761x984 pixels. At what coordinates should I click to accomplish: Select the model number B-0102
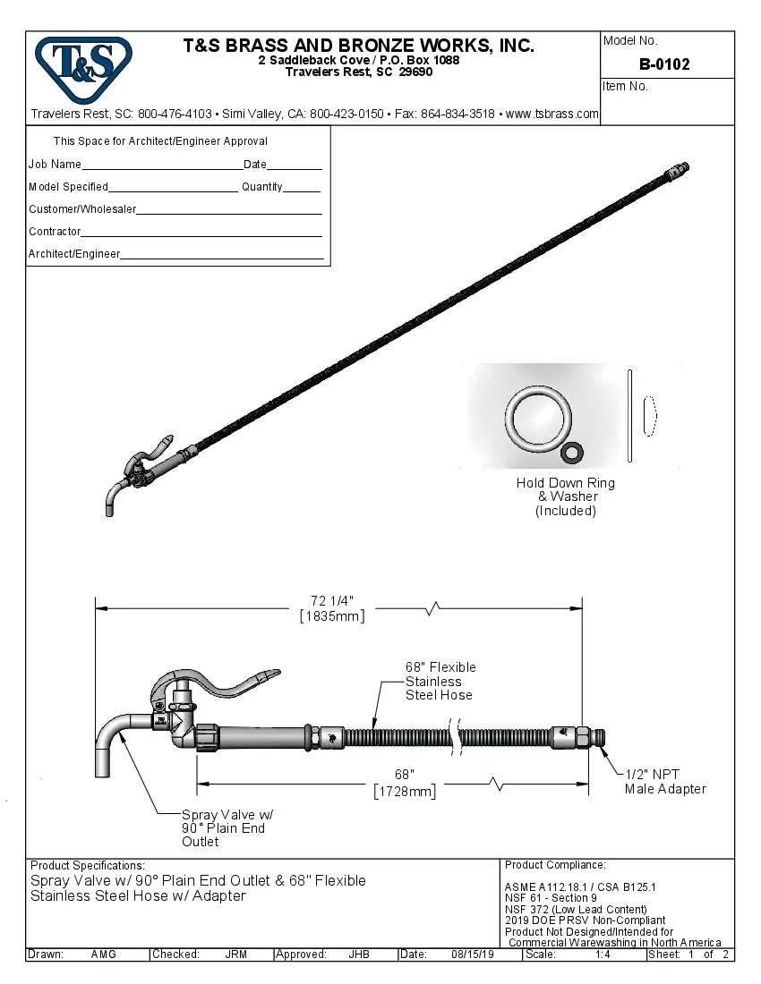(x=664, y=64)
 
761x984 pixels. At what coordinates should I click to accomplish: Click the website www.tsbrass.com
(x=552, y=114)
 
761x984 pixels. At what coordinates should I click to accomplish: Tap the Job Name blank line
(x=161, y=166)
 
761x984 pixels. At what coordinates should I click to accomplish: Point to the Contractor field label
(x=55, y=232)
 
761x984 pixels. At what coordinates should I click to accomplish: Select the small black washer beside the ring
(x=570, y=453)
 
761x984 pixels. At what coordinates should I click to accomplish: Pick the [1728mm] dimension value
(x=406, y=792)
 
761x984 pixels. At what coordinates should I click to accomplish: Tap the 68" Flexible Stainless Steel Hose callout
(x=440, y=681)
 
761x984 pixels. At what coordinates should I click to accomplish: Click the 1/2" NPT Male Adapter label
(x=665, y=782)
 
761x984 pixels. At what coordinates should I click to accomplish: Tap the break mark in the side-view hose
(x=458, y=739)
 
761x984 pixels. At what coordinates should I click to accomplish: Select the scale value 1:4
(x=603, y=954)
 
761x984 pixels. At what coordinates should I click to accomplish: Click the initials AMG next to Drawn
(x=103, y=954)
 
